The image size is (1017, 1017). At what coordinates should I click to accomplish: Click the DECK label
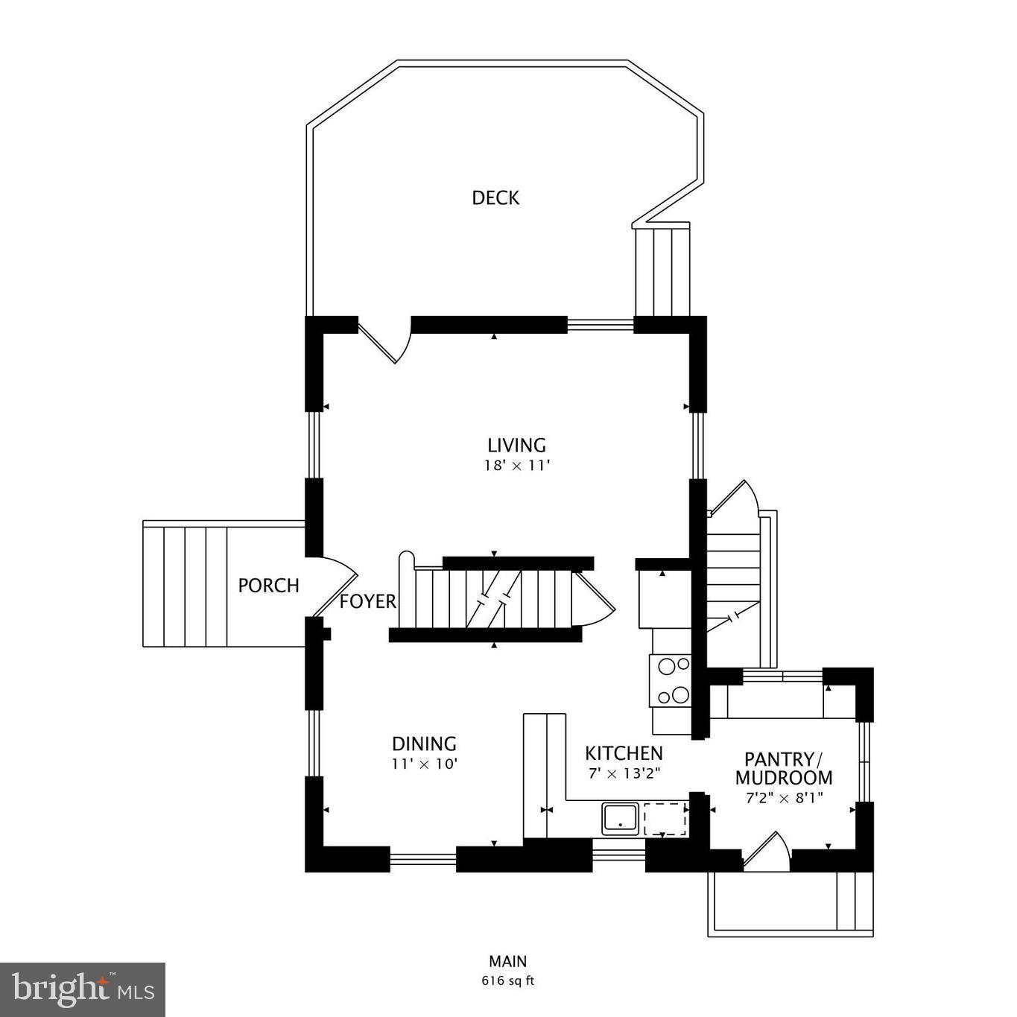coord(495,197)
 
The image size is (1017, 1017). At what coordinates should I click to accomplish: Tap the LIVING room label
coord(516,445)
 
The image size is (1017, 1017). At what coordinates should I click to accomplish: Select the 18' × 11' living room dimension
coord(516,466)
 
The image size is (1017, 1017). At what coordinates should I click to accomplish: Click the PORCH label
coord(268,586)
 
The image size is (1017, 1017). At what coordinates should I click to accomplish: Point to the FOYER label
coord(368,602)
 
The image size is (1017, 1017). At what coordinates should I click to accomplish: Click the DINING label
coord(424,744)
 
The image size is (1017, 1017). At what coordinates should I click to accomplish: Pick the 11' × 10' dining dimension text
coord(424,764)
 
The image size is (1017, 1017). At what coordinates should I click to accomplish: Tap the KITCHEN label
coord(624,753)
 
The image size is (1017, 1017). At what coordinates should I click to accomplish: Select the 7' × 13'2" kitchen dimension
coord(624,773)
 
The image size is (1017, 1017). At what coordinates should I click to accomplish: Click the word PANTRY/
coord(783,759)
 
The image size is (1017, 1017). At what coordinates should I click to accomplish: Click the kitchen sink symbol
coord(620,819)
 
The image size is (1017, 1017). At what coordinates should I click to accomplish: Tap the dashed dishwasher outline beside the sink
coord(665,819)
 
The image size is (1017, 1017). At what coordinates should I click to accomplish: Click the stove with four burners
coord(670,680)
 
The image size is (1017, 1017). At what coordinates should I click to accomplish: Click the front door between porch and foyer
coord(335,586)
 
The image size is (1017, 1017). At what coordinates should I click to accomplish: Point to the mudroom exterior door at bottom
coord(767,853)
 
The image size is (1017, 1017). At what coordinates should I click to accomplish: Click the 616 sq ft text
coord(507,980)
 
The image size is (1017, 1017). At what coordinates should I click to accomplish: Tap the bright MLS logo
coord(83,989)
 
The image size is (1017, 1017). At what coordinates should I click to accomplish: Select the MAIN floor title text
coord(507,961)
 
